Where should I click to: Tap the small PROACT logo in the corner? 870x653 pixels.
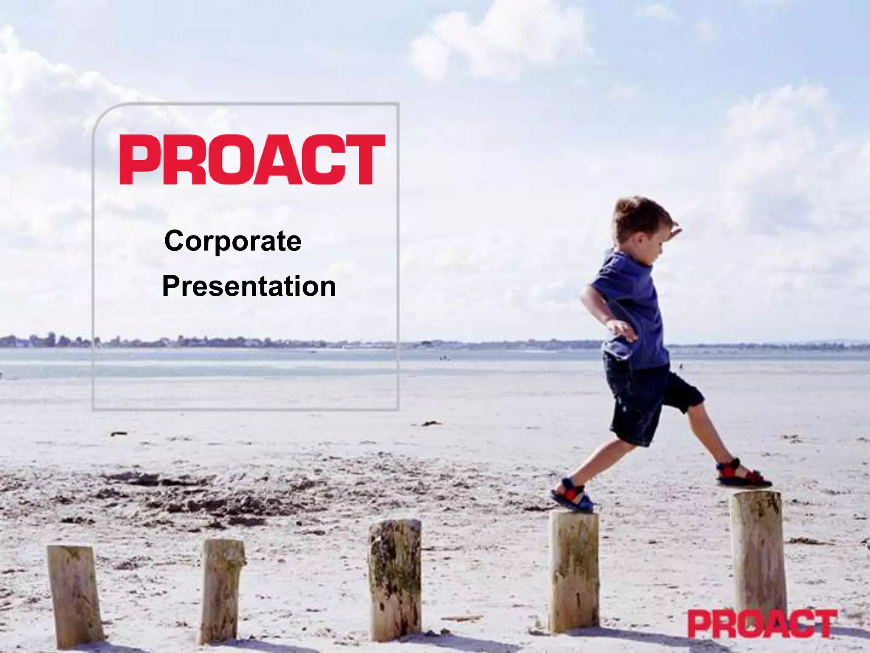pyautogui.click(x=762, y=624)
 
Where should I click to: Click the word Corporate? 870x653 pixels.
pyautogui.click(x=233, y=241)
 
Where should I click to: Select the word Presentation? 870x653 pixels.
pyautogui.click(x=249, y=286)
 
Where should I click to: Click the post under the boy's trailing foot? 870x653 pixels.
pyautogui.click(x=574, y=570)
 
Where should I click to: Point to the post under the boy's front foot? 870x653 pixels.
pyautogui.click(x=758, y=553)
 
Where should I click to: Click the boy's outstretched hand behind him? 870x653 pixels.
pyautogui.click(x=623, y=329)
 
